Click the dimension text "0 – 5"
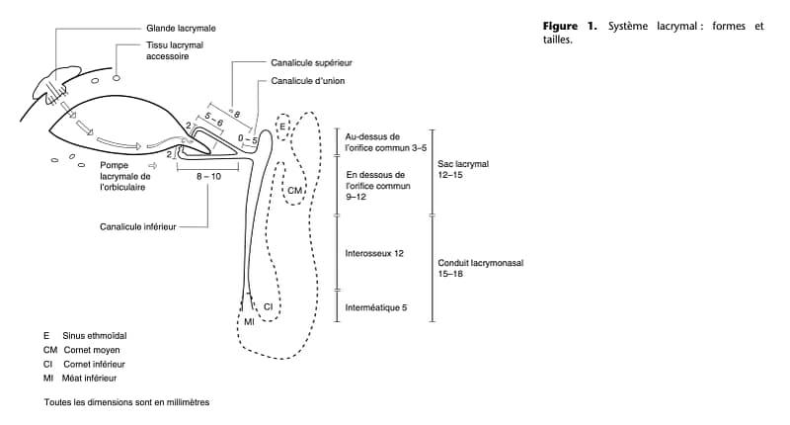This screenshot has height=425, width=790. pos(248,141)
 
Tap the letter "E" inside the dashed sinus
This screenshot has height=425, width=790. pos(282,127)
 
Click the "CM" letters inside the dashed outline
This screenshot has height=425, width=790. pos(294,188)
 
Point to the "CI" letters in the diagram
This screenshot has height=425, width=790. pos(268,307)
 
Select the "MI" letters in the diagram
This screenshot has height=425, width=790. pos(250,322)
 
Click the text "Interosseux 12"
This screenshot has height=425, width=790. pos(374,253)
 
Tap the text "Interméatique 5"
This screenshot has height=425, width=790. pos(376,307)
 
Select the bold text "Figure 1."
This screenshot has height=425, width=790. pos(573,26)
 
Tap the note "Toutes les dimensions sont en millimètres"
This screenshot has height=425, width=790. pos(126,402)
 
